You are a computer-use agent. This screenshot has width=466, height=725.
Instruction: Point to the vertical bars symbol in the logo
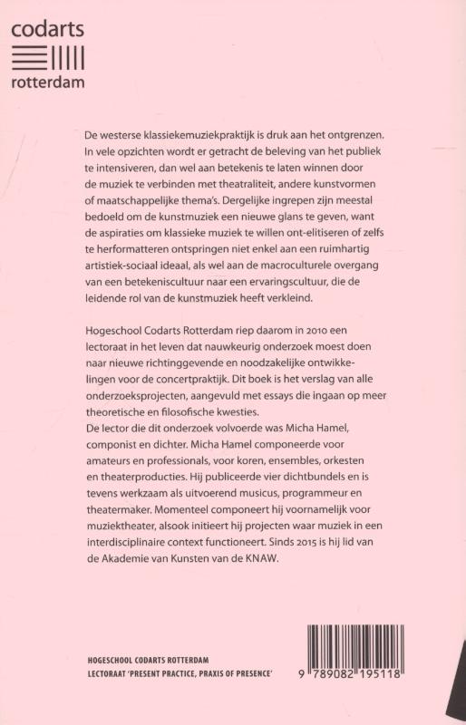(x=67, y=56)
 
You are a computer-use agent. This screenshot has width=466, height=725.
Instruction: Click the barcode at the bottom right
(x=379, y=649)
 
